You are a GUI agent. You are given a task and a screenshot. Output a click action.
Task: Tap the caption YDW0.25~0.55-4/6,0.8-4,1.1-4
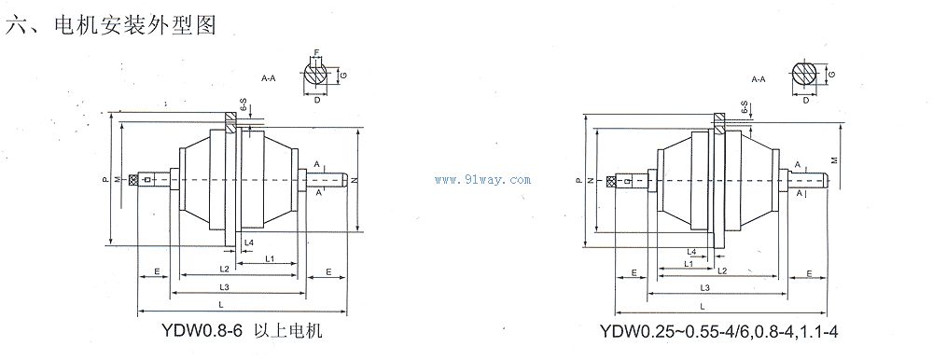click(727, 331)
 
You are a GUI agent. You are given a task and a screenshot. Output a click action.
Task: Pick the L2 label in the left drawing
click(224, 269)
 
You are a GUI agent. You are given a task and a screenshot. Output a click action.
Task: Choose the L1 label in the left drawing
click(268, 256)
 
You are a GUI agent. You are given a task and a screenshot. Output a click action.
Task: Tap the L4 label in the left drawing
click(248, 242)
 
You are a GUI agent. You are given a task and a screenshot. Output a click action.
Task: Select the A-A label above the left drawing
click(268, 79)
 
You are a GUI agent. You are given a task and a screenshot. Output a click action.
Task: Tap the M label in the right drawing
click(833, 159)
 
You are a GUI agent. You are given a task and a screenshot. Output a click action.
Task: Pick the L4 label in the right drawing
click(691, 252)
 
